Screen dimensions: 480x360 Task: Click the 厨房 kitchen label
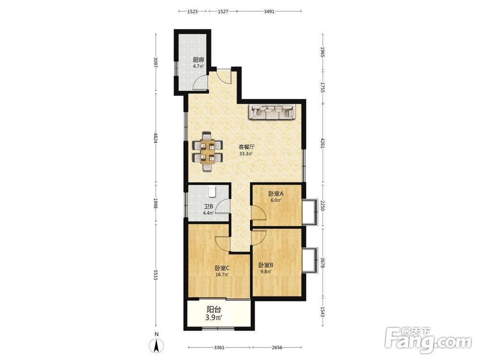click(x=198, y=60)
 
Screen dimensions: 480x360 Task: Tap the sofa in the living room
click(x=272, y=111)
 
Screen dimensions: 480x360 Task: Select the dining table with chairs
click(x=207, y=152)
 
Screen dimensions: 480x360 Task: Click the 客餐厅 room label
click(x=246, y=146)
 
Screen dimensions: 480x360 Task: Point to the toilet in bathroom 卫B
click(x=213, y=191)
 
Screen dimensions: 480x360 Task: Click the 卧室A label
click(x=276, y=193)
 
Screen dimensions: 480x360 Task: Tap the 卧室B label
click(x=266, y=265)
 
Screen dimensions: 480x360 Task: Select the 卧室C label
click(x=222, y=268)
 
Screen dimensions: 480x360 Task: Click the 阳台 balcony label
click(x=214, y=310)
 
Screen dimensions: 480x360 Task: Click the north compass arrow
click(x=156, y=346)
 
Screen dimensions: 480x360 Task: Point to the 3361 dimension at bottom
click(x=219, y=348)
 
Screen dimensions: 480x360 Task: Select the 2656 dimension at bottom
click(x=277, y=348)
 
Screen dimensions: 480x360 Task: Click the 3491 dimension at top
click(x=269, y=12)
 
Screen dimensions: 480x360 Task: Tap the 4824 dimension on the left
click(x=156, y=138)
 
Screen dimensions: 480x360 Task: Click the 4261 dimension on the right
click(x=322, y=143)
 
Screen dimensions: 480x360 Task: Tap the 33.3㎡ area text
click(x=246, y=154)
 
